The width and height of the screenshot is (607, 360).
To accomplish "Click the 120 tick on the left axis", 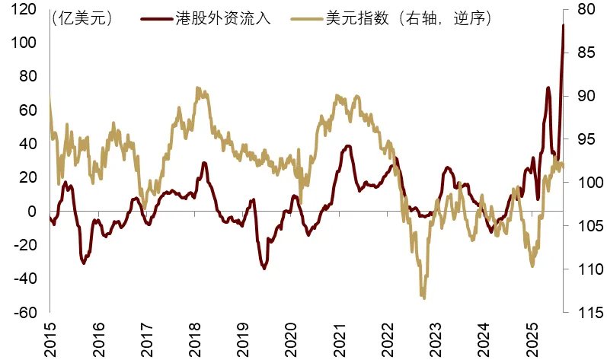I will tap(23, 10).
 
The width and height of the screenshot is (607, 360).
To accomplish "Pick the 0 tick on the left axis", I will tap(33, 212).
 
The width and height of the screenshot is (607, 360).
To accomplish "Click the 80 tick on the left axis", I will tap(27, 77).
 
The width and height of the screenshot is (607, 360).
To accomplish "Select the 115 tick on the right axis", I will tap(580, 312).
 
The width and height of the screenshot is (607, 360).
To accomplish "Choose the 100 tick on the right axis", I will tap(580, 183).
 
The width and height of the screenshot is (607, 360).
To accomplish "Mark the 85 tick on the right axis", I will tap(580, 53).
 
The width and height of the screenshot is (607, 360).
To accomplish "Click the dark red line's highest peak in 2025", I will tap(563, 25).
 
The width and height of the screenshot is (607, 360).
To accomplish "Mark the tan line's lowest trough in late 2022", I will tap(423, 298).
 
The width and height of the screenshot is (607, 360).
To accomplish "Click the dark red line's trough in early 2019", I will tap(264, 268).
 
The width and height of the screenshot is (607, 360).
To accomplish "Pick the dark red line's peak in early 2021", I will tap(348, 145).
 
